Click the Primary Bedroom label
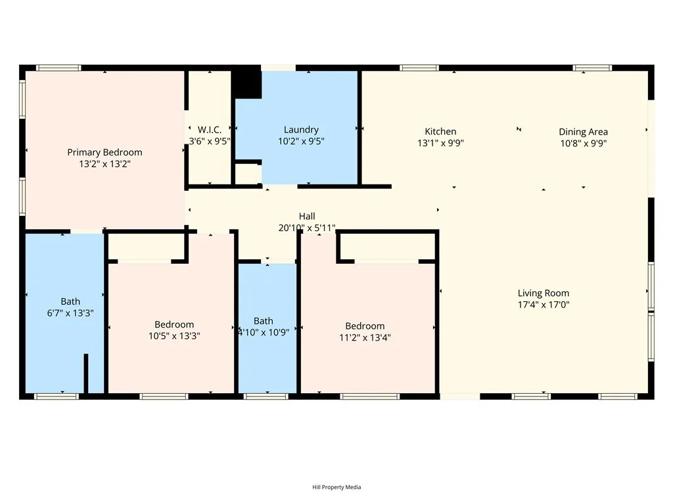(104, 152)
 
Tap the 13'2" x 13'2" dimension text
(104, 164)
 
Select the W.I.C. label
(210, 130)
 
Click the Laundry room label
(301, 130)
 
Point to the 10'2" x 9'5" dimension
(301, 141)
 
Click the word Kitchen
(440, 131)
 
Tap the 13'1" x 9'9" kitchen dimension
(440, 143)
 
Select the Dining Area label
(583, 131)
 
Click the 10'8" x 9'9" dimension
(583, 143)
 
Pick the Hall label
(307, 216)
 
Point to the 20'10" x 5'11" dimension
(307, 228)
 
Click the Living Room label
(544, 293)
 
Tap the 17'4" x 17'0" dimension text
(544, 304)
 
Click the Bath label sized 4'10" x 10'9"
(264, 321)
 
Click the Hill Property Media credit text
(336, 487)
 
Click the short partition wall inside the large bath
(85, 374)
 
